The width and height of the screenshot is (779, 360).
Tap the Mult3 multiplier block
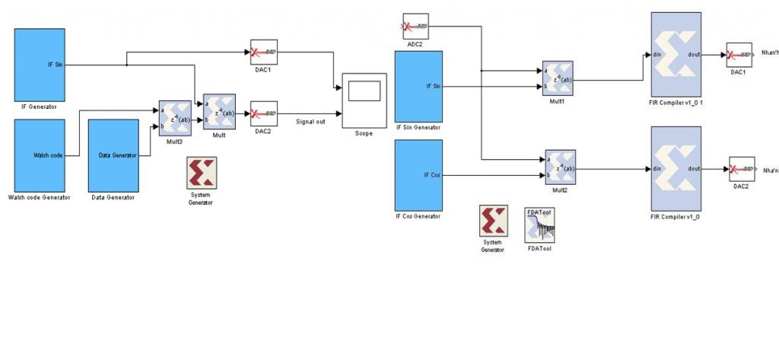click(174, 119)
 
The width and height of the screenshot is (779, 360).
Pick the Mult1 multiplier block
click(557, 79)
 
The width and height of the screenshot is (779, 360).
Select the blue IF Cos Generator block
click(418, 175)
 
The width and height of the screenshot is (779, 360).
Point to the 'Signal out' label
click(310, 122)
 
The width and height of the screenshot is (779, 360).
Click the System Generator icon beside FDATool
click(492, 221)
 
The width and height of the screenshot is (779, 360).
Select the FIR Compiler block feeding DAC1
click(676, 55)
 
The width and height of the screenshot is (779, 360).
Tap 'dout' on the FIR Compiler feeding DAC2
click(693, 169)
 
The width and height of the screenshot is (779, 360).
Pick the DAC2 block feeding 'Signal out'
click(263, 114)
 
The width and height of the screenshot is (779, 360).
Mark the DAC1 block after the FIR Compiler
click(739, 55)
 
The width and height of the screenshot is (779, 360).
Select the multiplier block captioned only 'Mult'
click(219, 113)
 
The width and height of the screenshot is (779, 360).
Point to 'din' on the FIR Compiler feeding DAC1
click(657, 55)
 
